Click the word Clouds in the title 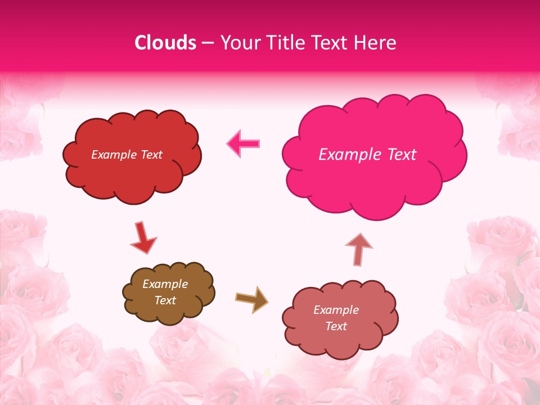coord(165,43)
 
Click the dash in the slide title coord(208,43)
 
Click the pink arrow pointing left coord(244,144)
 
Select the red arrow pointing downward coord(143,238)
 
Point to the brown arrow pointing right coord(252,299)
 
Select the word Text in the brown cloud coord(165,300)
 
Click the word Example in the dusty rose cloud coord(336,310)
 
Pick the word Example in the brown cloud coord(165,284)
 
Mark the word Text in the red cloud coord(151,155)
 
